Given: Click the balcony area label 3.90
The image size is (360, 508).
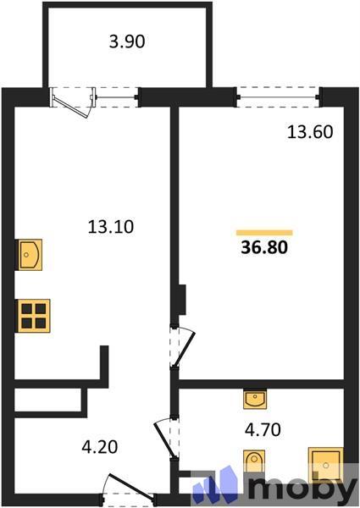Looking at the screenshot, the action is click(x=127, y=41).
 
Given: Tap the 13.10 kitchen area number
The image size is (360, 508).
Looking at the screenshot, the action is click(x=110, y=226).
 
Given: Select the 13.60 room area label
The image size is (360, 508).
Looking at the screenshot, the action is click(x=310, y=132).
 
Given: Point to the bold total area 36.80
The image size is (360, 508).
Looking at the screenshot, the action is click(x=264, y=247).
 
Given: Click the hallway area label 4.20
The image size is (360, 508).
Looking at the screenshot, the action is click(x=99, y=447).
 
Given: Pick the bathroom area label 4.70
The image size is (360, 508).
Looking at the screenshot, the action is click(x=263, y=430).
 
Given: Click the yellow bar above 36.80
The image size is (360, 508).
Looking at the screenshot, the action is click(x=264, y=233).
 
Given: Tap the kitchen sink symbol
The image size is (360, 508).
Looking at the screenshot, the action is click(x=29, y=255).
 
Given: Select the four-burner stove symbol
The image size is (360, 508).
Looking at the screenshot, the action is click(x=33, y=316).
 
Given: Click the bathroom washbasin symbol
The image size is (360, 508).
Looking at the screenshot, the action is click(x=255, y=400).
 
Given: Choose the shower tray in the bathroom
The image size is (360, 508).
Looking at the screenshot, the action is click(x=325, y=464).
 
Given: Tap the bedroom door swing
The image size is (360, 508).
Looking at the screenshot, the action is click(x=184, y=347).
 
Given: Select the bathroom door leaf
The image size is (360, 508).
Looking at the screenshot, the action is click(x=166, y=438).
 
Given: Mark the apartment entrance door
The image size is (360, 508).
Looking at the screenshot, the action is click(x=131, y=486).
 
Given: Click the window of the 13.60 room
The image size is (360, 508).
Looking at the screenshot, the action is click(x=278, y=97).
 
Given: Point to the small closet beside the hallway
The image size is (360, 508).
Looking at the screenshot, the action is click(x=47, y=400).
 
